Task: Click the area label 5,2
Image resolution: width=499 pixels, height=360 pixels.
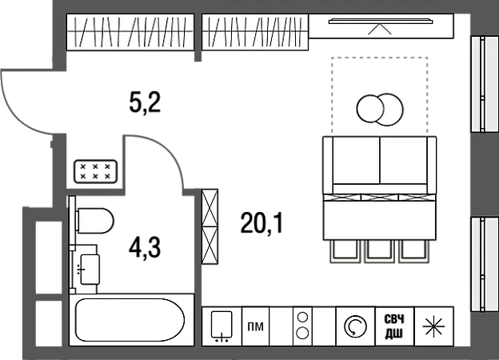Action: [x=145, y=102]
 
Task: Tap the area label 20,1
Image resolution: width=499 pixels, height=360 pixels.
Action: [x=261, y=223]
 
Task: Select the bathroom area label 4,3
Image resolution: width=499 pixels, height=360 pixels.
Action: [x=145, y=248]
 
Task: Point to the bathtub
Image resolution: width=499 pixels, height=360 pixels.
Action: [x=130, y=320]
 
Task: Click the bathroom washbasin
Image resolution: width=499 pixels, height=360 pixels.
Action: [x=90, y=270]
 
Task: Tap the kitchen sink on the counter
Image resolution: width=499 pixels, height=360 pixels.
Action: [x=222, y=326]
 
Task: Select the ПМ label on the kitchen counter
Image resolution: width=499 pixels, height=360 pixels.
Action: [x=256, y=326]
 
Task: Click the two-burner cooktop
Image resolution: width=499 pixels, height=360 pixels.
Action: [x=302, y=326]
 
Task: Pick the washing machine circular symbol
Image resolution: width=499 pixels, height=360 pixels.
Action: [x=356, y=326]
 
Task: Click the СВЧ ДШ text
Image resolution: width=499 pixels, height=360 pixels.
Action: [x=394, y=326]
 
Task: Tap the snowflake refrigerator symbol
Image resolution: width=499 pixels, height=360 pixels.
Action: [x=433, y=326]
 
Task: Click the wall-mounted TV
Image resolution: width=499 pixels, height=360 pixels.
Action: [x=381, y=22]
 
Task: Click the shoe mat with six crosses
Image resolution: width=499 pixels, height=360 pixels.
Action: [x=95, y=171]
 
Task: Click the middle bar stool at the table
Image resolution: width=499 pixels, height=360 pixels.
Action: [x=380, y=251]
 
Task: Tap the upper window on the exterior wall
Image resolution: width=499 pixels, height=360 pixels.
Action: [x=484, y=84]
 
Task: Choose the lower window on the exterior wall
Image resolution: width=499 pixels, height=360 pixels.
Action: [x=484, y=265]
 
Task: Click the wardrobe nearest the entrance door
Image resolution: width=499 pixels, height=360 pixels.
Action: [x=130, y=32]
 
